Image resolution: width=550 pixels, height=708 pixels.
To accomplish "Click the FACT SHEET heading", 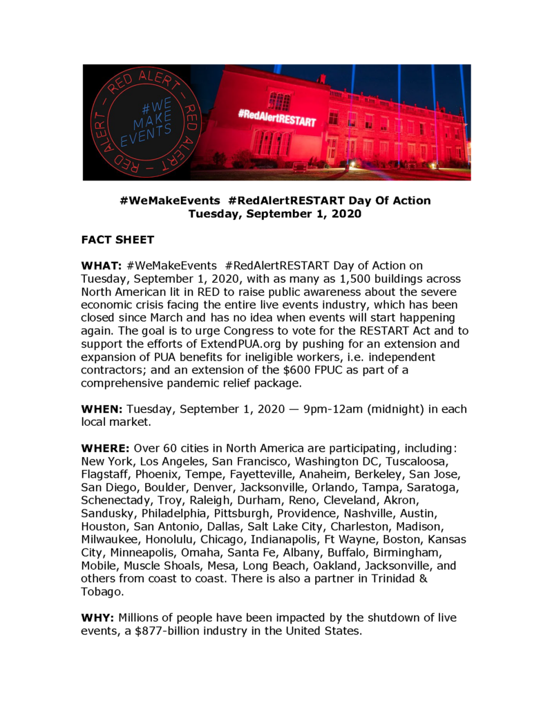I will (117, 240).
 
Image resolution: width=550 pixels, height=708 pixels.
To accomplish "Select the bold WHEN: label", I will (102, 409).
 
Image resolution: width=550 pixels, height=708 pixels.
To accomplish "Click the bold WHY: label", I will (98, 617).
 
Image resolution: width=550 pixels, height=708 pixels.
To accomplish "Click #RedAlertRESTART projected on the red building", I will (277, 117).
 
